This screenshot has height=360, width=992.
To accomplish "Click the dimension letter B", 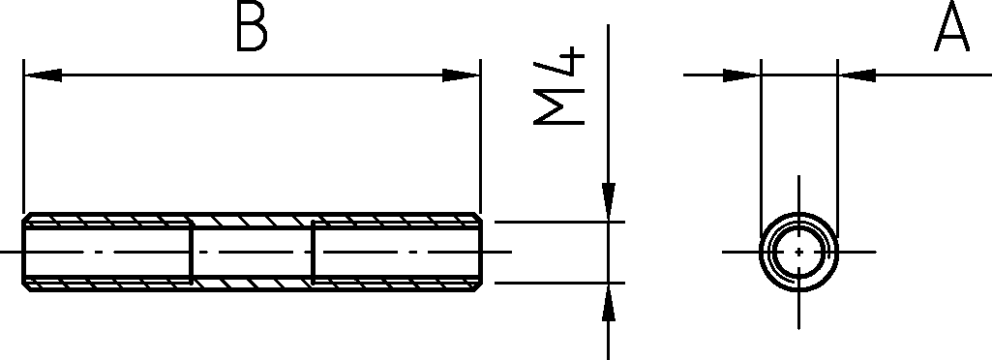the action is pyautogui.click(x=252, y=26).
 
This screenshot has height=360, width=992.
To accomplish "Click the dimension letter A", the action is pyautogui.click(x=951, y=26).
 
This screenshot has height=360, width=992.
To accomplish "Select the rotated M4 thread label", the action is pyautogui.click(x=558, y=85).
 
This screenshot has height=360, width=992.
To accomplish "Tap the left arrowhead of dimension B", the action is pyautogui.click(x=43, y=75).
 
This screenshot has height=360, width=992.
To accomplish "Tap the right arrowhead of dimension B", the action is pyautogui.click(x=461, y=75).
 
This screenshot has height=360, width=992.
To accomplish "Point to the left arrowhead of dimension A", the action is pyautogui.click(x=741, y=75).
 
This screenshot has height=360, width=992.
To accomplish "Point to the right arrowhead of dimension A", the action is pyautogui.click(x=857, y=75).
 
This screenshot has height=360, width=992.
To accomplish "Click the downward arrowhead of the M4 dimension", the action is pyautogui.click(x=609, y=202).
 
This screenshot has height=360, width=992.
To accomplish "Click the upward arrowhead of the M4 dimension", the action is pyautogui.click(x=609, y=303).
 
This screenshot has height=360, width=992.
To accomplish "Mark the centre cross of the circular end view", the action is pyautogui.click(x=799, y=252).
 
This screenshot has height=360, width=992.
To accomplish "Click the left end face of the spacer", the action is pyautogui.click(x=23, y=252).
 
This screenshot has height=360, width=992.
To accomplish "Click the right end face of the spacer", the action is pyautogui.click(x=481, y=252).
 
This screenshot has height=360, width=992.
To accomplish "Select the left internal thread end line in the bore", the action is pyautogui.click(x=191, y=252).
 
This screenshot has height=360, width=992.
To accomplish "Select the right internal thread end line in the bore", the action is pyautogui.click(x=314, y=252).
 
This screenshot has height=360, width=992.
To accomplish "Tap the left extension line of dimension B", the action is pyautogui.click(x=23, y=136).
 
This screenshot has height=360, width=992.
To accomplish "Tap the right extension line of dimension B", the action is pyautogui.click(x=481, y=136).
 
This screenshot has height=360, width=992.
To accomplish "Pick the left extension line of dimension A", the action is pyautogui.click(x=761, y=149).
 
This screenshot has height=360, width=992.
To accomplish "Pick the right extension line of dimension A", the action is pyautogui.click(x=837, y=149).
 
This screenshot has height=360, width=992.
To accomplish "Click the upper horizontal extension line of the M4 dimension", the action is pyautogui.click(x=559, y=222).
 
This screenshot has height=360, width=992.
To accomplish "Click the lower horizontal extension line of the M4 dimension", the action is pyautogui.click(x=559, y=283).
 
